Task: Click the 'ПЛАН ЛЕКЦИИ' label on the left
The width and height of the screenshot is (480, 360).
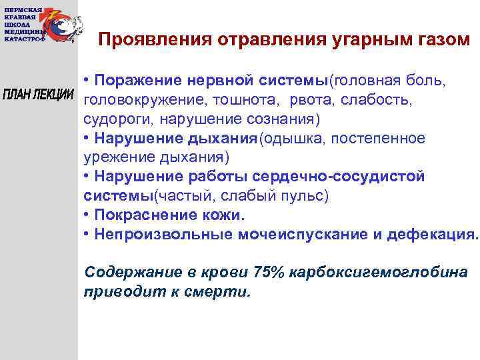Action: pyautogui.click(x=38, y=95)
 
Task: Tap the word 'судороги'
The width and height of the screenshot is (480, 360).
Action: pyautogui.click(x=113, y=119)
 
